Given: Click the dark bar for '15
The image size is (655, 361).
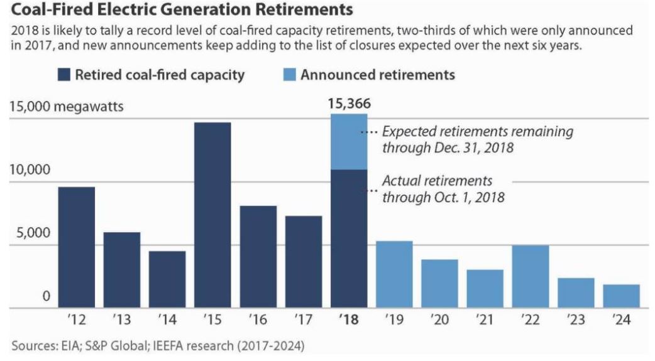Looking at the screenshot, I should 212,215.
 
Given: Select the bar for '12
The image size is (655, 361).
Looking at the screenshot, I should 77,247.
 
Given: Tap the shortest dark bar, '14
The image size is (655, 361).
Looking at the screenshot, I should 167,279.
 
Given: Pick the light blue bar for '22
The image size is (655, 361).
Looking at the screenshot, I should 531,276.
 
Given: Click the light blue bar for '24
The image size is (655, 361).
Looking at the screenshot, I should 622,296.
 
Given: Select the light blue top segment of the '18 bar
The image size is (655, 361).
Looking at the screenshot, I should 349,142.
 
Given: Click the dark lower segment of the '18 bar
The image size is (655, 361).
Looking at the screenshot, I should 349,239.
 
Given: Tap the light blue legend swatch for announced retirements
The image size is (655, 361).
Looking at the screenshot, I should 287,75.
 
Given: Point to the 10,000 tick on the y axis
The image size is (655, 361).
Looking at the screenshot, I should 30,170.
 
